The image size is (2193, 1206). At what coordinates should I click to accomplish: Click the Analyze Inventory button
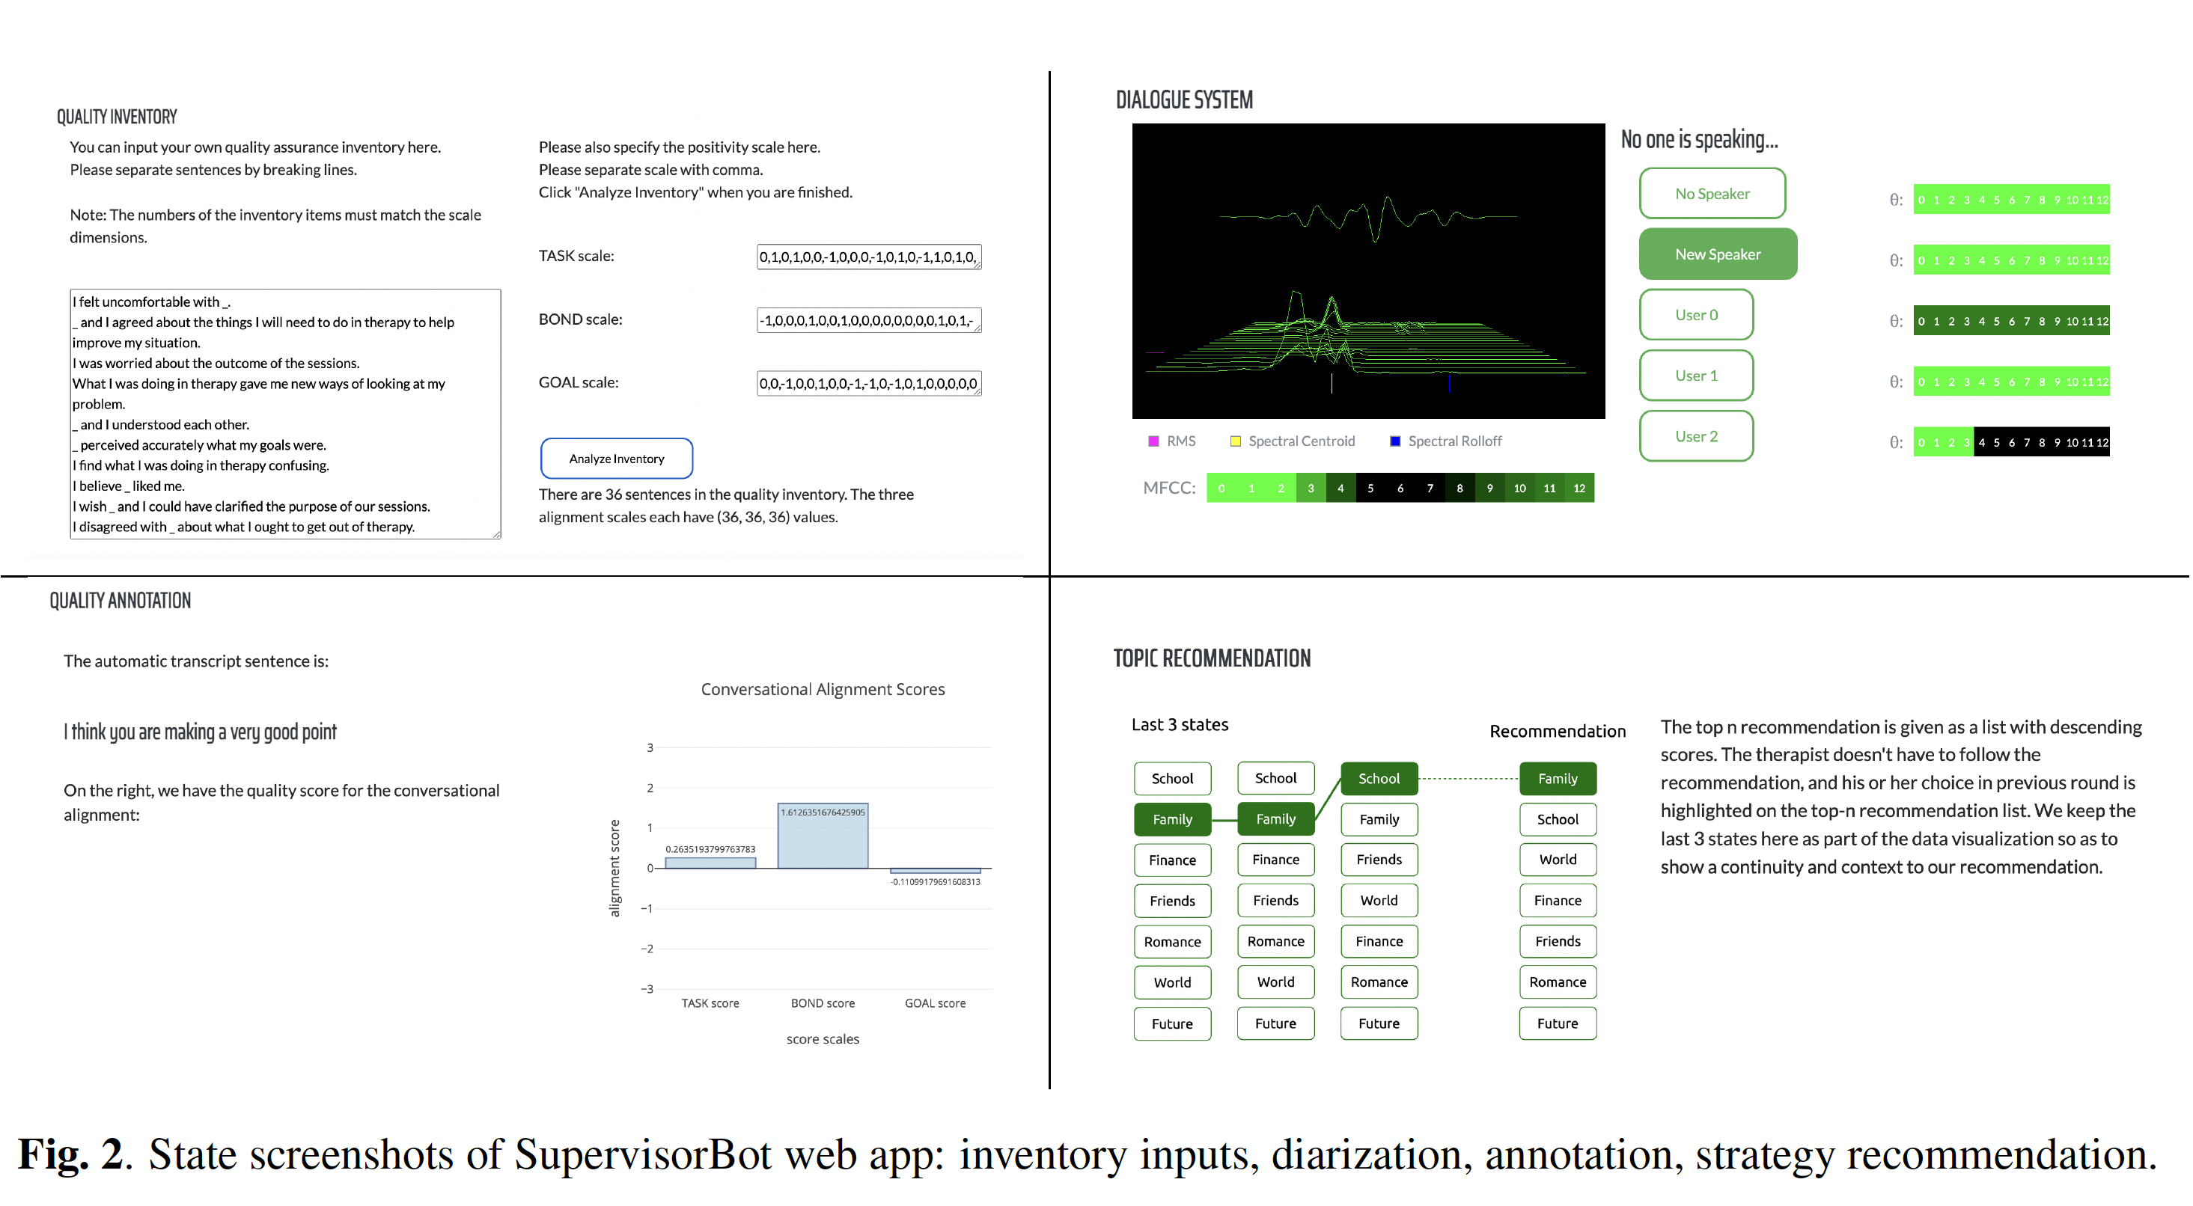click(x=616, y=459)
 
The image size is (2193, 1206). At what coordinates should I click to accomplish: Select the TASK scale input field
click(x=869, y=256)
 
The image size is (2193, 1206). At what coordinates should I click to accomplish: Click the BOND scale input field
click(x=869, y=320)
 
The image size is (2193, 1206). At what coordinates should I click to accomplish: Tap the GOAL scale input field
click(x=869, y=383)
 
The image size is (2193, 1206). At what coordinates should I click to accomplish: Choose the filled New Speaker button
click(x=1718, y=254)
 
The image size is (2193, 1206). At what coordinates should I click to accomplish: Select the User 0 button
click(x=1696, y=315)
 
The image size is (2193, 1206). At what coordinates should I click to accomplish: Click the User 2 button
click(x=1696, y=435)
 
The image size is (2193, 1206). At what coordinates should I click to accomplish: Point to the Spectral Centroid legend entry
click(x=1293, y=441)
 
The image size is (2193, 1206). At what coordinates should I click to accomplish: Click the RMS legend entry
click(x=1171, y=441)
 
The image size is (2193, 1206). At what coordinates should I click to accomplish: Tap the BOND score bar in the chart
click(x=823, y=836)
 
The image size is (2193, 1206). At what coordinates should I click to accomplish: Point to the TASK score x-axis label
click(x=710, y=1003)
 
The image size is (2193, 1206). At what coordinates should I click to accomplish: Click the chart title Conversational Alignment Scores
click(x=823, y=689)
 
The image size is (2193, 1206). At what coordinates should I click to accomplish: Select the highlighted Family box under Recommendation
click(x=1557, y=778)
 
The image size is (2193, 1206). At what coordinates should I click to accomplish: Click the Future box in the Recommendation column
click(x=1557, y=1023)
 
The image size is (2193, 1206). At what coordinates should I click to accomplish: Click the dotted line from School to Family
click(x=1468, y=778)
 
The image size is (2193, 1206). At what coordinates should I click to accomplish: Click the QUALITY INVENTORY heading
click(x=117, y=117)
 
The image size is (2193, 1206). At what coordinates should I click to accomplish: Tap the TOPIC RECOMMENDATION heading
click(x=1212, y=658)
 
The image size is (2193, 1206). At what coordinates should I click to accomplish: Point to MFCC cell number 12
click(x=1579, y=488)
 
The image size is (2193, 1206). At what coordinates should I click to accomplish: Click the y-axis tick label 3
click(x=650, y=747)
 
